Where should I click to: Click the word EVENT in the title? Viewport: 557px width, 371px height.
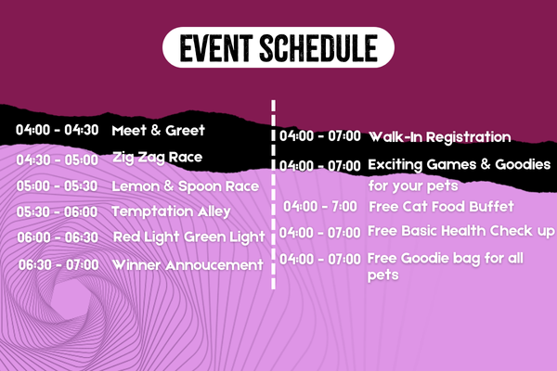216,48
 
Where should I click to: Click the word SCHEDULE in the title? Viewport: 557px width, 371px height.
318,48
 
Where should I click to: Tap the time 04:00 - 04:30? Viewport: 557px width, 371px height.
58,130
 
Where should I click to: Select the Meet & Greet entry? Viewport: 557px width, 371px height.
158,130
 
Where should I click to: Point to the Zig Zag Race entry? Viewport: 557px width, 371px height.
158,158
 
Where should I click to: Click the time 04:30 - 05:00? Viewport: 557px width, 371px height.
58,160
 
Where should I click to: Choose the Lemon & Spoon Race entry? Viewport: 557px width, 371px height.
185,186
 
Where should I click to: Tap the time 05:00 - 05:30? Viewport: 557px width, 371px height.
57,186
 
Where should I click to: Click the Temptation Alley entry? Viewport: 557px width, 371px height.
171,211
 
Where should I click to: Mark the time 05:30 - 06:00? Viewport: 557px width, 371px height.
57,212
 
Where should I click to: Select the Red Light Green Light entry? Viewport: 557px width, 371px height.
189,237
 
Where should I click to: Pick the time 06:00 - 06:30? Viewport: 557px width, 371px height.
58,237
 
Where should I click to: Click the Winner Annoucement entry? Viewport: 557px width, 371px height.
188,265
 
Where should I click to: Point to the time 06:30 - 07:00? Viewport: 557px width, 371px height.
58,265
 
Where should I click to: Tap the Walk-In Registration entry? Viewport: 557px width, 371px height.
440,137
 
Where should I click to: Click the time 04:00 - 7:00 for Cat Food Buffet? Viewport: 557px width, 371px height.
320,206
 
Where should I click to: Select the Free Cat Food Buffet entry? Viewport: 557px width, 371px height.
441,207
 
